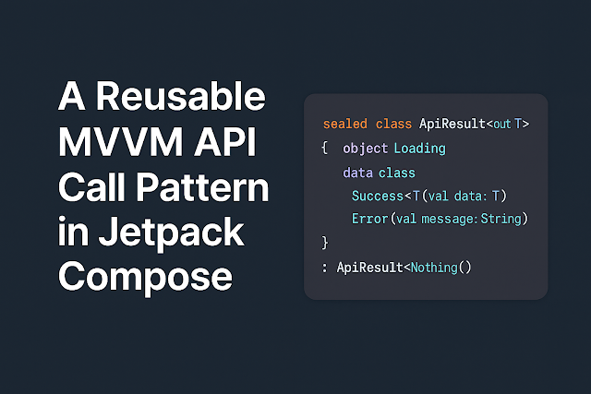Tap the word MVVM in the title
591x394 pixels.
point(108,143)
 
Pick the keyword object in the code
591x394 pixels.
point(366,148)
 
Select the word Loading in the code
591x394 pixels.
point(419,148)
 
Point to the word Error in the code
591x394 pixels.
point(370,219)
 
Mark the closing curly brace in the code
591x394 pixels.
point(325,243)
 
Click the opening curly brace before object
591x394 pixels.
point(325,148)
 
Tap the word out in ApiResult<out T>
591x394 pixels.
point(503,124)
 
